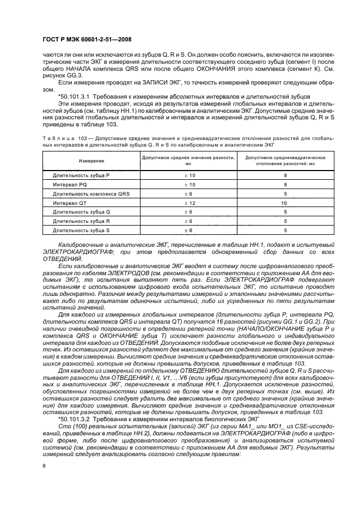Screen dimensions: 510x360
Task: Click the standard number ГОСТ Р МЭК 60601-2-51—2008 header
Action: (x=87, y=40)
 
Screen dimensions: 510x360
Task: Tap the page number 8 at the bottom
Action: (x=44, y=465)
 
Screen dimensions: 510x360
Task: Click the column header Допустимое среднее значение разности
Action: (x=188, y=160)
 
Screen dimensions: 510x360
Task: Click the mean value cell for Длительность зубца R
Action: (x=188, y=221)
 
